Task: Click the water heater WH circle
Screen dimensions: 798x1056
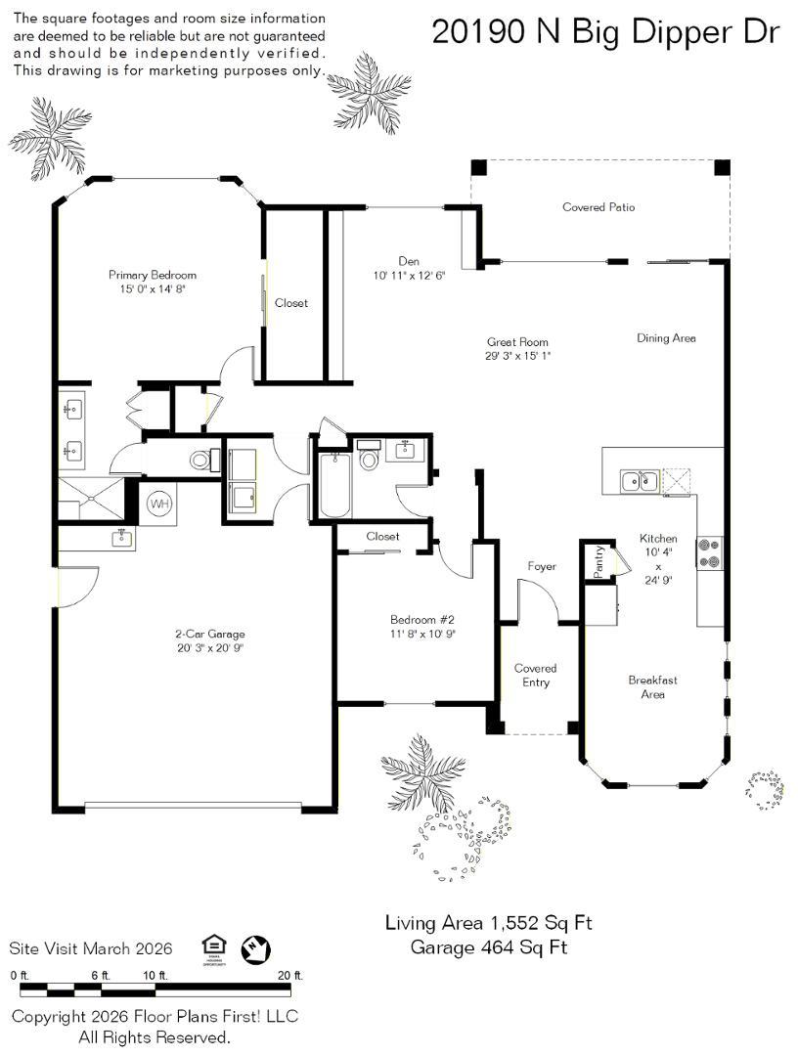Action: tap(159, 504)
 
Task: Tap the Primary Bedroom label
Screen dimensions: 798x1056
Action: tap(153, 275)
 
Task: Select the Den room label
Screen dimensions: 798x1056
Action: tap(409, 261)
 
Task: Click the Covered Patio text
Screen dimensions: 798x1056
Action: tap(598, 207)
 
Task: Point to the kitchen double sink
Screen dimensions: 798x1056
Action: tap(639, 481)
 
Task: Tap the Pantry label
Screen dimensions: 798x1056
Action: tap(598, 561)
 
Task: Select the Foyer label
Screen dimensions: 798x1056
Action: tap(542, 566)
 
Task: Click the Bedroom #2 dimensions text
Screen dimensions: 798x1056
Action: tap(422, 634)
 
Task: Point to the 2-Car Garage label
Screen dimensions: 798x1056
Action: tap(210, 634)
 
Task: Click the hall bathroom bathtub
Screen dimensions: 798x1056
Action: tap(334, 485)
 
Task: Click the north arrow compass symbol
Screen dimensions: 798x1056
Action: tap(256, 949)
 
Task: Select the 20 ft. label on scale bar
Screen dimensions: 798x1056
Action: tap(290, 975)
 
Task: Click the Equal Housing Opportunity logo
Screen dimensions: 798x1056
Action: tap(213, 949)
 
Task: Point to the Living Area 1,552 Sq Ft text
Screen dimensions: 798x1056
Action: tap(488, 922)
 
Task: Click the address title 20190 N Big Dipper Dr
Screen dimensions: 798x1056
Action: tap(605, 32)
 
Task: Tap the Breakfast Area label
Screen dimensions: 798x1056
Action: tap(652, 687)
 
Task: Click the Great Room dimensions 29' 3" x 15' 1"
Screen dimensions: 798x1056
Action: tap(518, 356)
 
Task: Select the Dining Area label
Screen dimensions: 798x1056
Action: tap(666, 338)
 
